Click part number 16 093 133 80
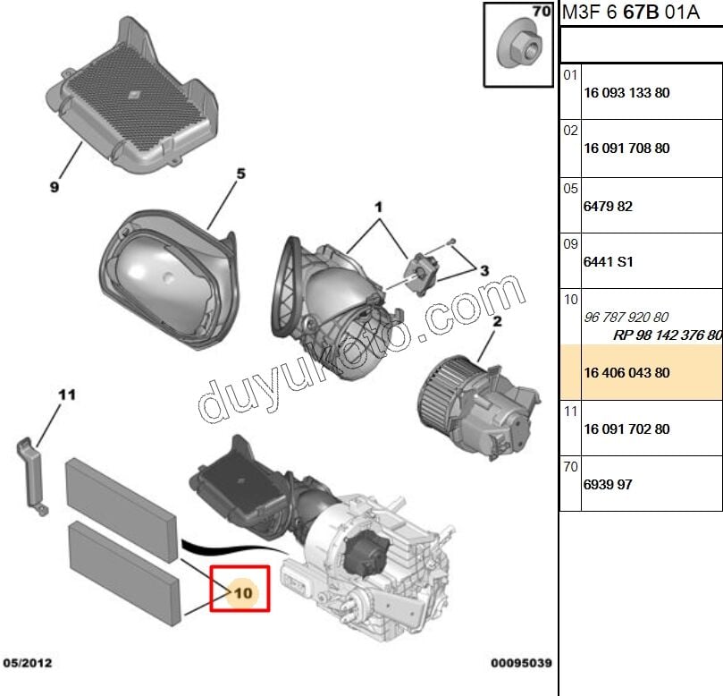[x=626, y=93]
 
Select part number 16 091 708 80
[x=626, y=149]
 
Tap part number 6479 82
[x=608, y=207]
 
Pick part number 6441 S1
[x=609, y=262]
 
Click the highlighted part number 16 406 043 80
[x=626, y=372]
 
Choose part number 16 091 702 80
[x=626, y=429]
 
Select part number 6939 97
[x=608, y=484]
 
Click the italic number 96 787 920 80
[x=626, y=317]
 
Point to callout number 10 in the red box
[x=243, y=592]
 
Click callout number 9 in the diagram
[x=55, y=187]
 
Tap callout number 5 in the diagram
[x=240, y=174]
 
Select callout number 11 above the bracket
[x=67, y=395]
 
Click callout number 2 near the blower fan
[x=497, y=321]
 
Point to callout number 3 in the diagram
[x=484, y=270]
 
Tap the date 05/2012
[x=28, y=663]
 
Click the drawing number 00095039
[x=521, y=663]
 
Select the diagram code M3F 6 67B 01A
[x=631, y=12]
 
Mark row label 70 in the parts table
[x=570, y=467]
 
